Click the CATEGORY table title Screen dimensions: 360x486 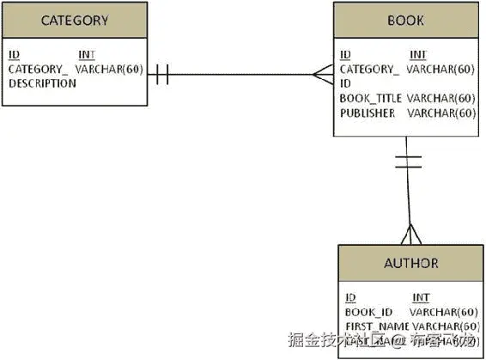pos(75,21)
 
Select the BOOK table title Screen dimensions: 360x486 pos(405,21)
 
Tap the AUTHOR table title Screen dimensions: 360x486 pos(411,264)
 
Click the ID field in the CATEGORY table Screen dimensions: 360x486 pos(14,55)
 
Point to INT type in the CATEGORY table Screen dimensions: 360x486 pos(86,55)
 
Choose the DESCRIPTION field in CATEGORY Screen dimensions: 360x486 pos(42,83)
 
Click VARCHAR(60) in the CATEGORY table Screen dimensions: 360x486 pos(109,69)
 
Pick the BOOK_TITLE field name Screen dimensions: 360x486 pos(370,98)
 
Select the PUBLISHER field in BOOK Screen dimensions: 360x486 pos(368,113)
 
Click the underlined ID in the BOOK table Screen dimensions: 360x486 pos(345,55)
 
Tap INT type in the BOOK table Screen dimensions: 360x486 pos(418,55)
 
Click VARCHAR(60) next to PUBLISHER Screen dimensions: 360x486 pos(441,113)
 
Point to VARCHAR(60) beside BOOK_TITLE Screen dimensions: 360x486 pos(441,98)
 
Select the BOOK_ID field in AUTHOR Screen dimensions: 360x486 pos(368,312)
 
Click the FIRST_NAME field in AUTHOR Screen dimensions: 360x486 pos(376,326)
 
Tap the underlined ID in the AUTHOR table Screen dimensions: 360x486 pos(350,297)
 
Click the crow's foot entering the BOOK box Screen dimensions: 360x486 pos(324,74)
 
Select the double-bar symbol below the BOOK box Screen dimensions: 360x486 pos(408,161)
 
